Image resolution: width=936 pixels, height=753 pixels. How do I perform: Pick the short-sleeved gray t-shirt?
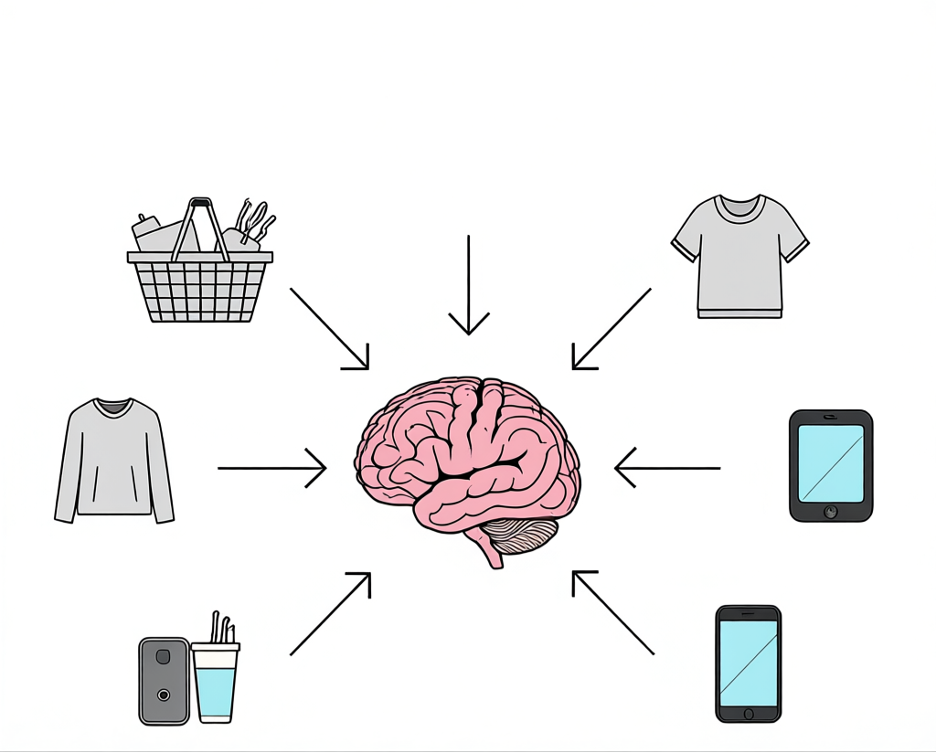pyautogui.click(x=739, y=256)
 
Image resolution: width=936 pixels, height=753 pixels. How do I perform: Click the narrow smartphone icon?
pyautogui.click(x=748, y=663)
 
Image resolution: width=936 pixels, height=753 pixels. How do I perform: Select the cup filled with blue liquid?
pyautogui.click(x=216, y=685)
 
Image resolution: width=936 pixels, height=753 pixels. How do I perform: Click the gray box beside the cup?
pyautogui.click(x=164, y=681)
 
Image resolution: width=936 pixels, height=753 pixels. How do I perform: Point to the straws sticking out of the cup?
pyautogui.click(x=222, y=628)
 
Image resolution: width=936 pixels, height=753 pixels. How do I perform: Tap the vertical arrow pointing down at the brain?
pyautogui.click(x=469, y=283)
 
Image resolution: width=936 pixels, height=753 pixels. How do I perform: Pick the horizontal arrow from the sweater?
pyautogui.click(x=272, y=468)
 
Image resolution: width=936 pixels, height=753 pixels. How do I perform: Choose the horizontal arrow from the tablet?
pyautogui.click(x=667, y=468)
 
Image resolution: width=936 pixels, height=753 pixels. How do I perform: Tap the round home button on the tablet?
pyautogui.click(x=830, y=511)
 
